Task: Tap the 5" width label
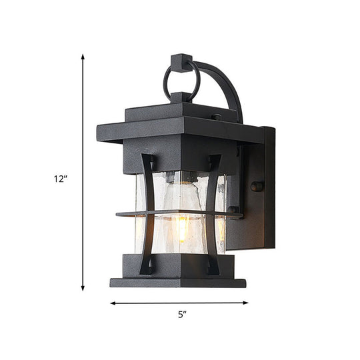[181, 314]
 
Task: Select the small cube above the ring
[179, 61]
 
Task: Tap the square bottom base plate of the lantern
[177, 282]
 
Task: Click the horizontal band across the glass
[177, 214]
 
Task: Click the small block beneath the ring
[180, 98]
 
